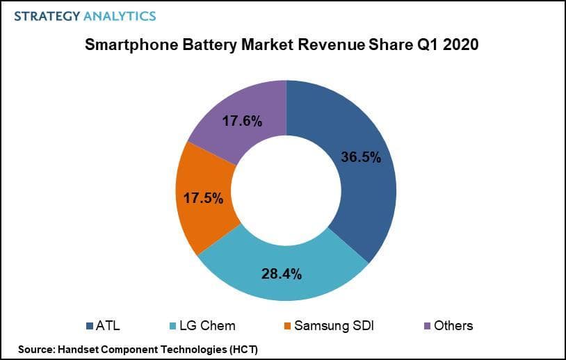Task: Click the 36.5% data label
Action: (361, 157)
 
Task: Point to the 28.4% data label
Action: (281, 273)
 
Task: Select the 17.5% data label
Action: (203, 198)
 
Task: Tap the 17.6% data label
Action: (242, 122)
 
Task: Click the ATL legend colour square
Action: (90, 325)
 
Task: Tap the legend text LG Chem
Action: (207, 325)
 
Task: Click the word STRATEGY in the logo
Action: (45, 15)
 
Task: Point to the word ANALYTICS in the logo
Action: (119, 15)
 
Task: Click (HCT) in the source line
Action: (241, 347)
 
